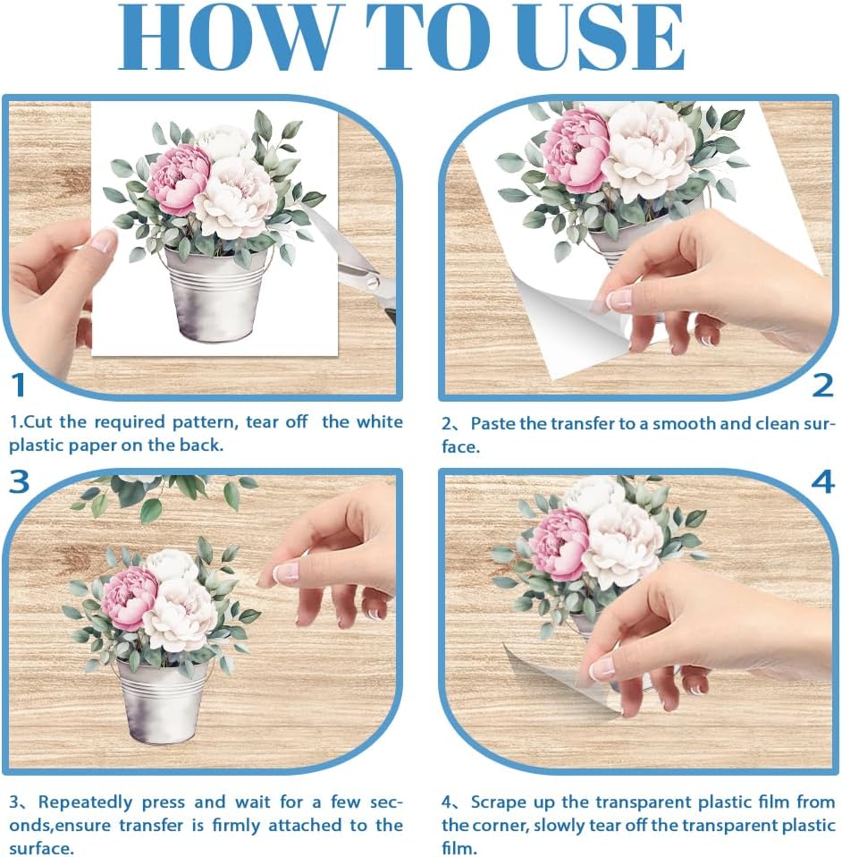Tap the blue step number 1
[x=19, y=386]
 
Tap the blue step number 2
[x=822, y=386]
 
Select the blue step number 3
[x=19, y=482]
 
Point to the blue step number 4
[x=822, y=482]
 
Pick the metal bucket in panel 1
[x=215, y=294]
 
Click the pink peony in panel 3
[x=129, y=598]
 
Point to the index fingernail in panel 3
[x=287, y=573]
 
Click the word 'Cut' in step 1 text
[x=38, y=422]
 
